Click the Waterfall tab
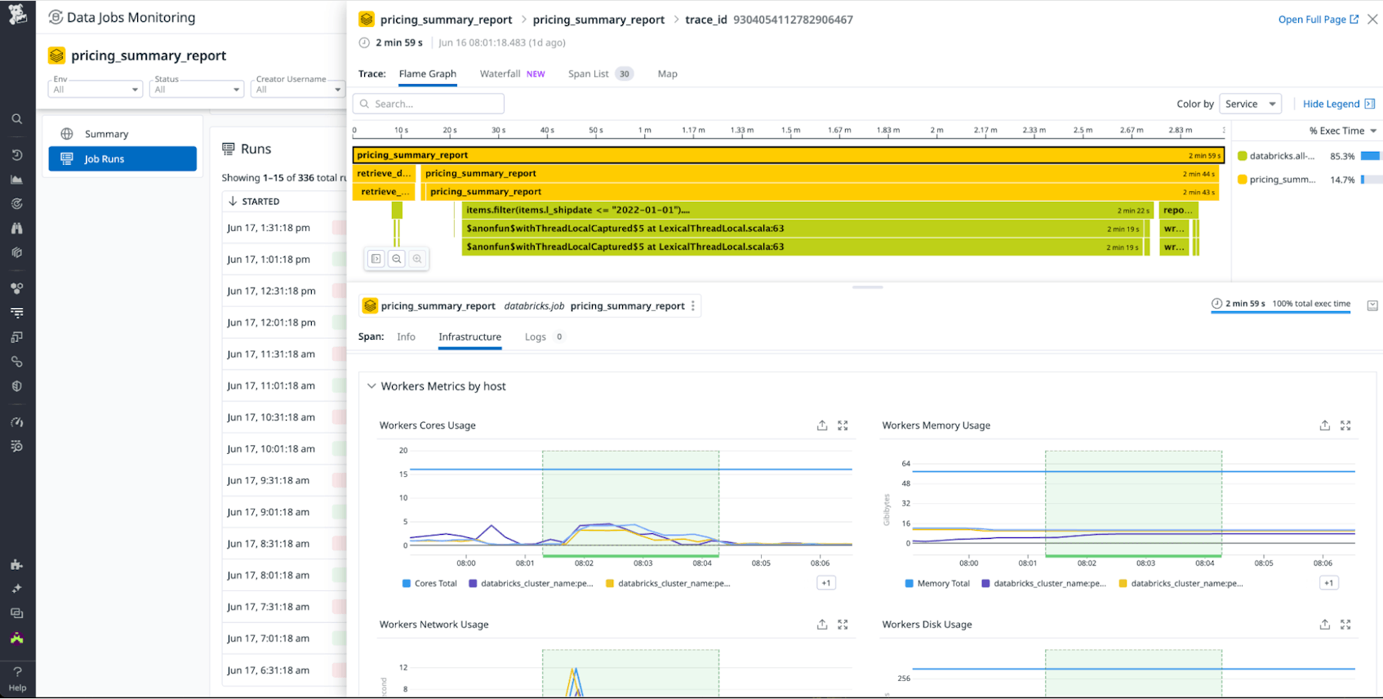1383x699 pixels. coord(500,74)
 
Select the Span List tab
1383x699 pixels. coord(589,74)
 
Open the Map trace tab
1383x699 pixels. coord(667,74)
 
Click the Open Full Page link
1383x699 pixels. coord(1317,20)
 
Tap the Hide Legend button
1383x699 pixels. coord(1337,104)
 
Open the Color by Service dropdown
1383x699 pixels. coord(1249,104)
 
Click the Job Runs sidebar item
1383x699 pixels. coord(122,159)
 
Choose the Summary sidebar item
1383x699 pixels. coord(106,134)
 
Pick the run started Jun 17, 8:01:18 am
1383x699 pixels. coord(268,576)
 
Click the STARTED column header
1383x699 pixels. coord(260,202)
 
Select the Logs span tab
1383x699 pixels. coord(536,337)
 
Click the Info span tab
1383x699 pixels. coord(406,337)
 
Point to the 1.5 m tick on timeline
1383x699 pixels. coord(789,131)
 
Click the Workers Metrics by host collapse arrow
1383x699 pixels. coord(371,386)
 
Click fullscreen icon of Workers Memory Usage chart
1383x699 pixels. coord(1345,425)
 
